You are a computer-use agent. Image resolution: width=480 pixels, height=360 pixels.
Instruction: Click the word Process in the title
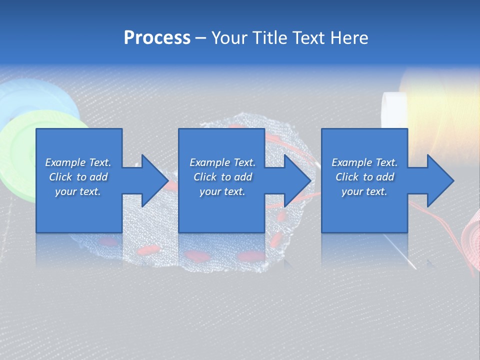tap(157, 38)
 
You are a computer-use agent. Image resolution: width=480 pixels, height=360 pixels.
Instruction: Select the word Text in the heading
tap(309, 38)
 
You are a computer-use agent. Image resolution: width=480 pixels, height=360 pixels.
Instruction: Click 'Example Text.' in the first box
tap(78, 162)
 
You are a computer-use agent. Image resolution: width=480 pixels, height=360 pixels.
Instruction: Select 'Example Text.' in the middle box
tap(222, 162)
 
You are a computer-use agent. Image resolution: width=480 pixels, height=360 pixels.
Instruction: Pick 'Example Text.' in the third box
tap(364, 162)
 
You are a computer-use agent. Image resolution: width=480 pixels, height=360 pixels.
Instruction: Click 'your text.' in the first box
tap(78, 191)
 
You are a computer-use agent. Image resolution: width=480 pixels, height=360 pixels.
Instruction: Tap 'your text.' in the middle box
tap(222, 191)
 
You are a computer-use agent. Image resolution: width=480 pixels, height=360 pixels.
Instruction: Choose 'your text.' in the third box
tap(364, 191)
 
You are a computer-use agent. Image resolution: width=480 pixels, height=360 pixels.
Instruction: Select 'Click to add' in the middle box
tap(222, 177)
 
